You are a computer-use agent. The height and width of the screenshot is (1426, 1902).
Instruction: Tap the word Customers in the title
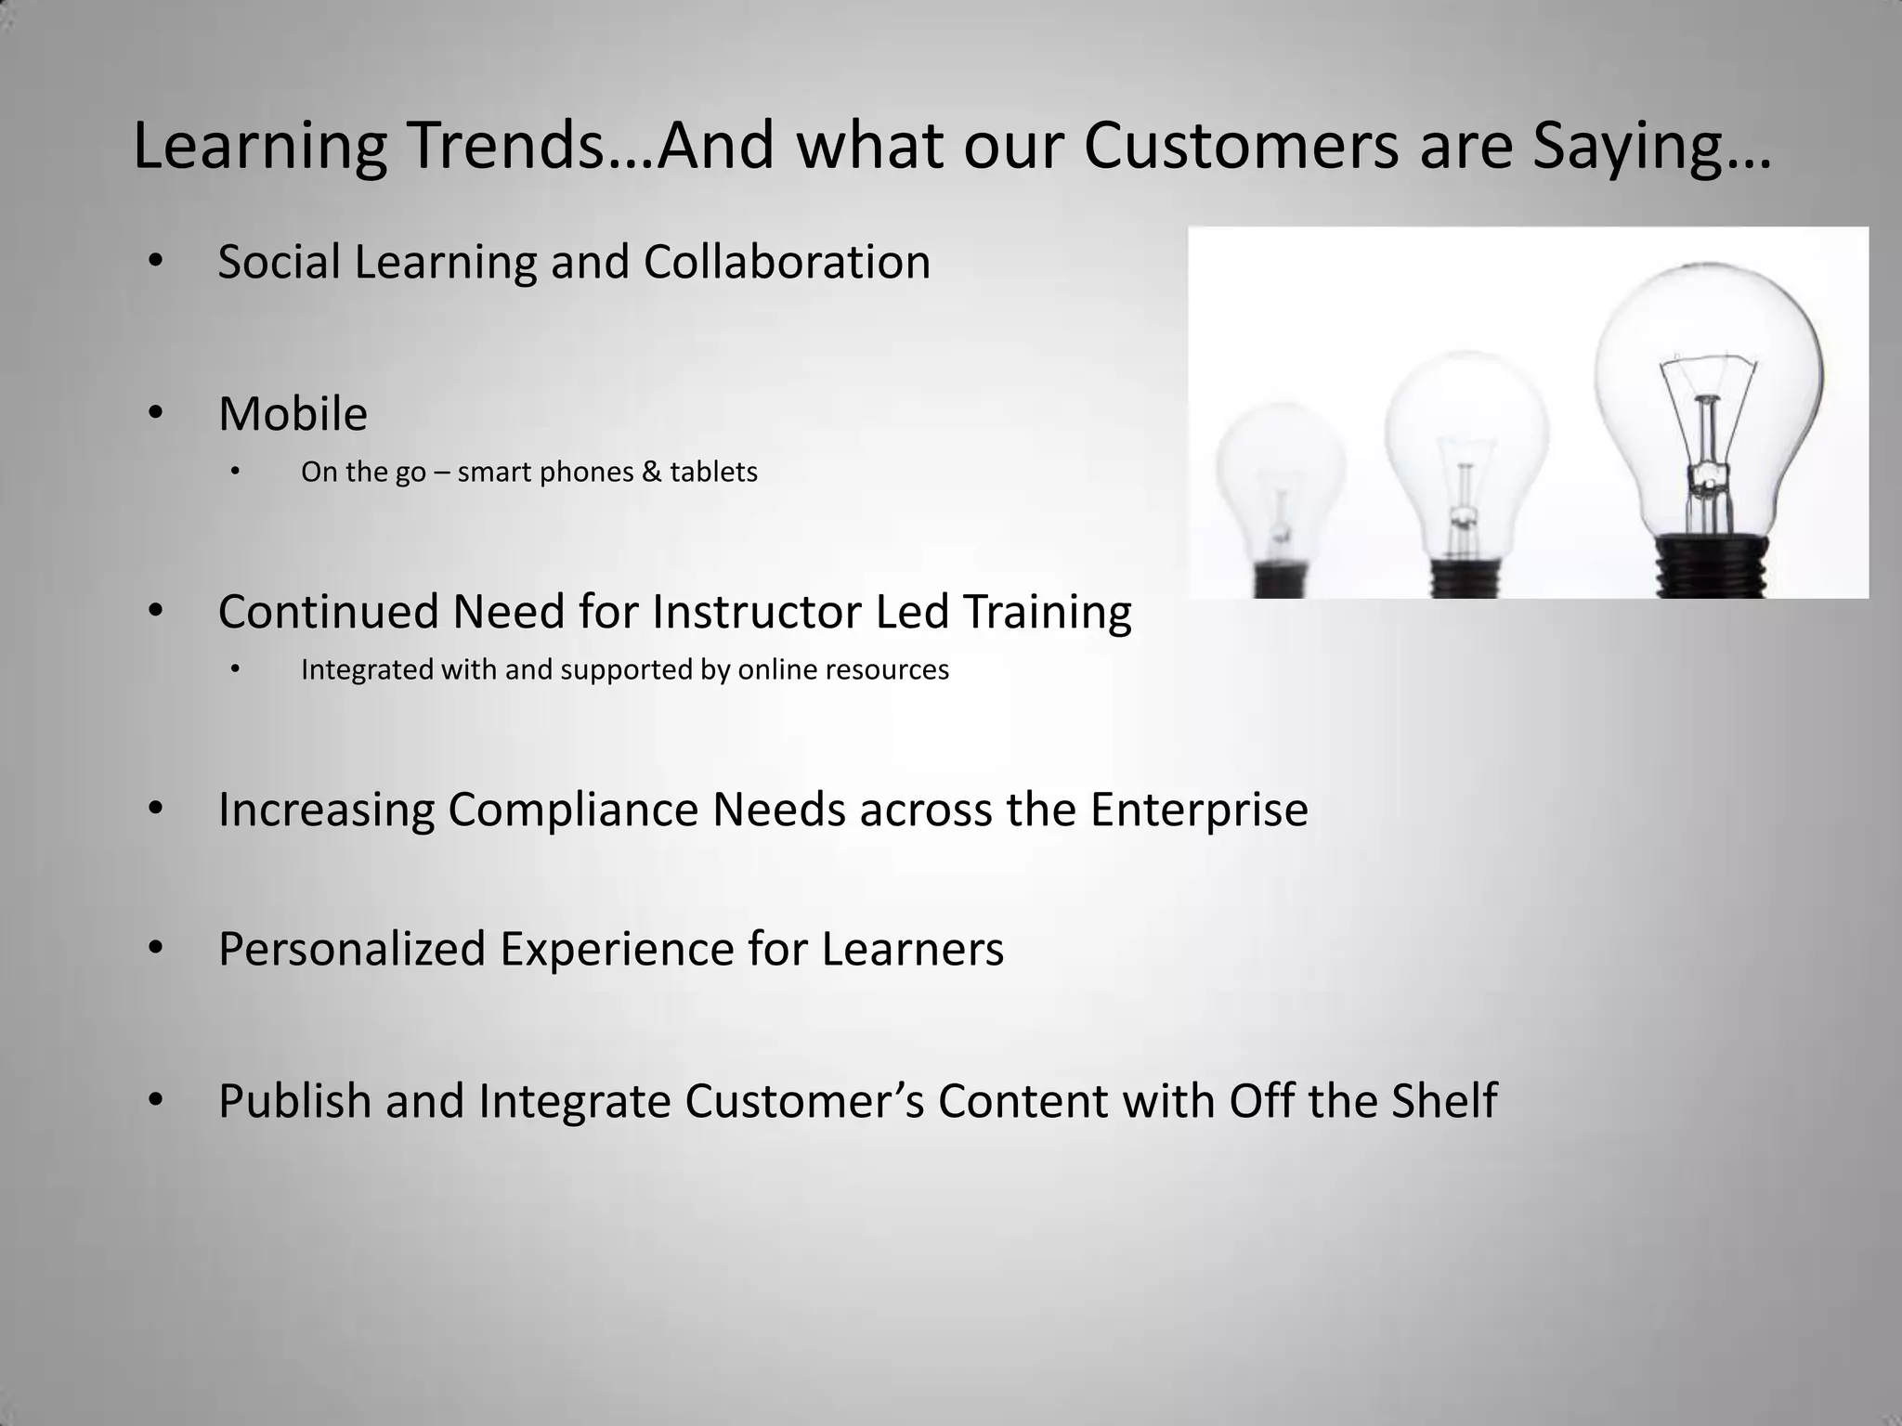pyautogui.click(x=1241, y=146)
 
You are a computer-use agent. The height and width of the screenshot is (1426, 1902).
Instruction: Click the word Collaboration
pyautogui.click(x=787, y=262)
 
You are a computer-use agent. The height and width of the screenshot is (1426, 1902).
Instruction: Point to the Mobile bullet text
pyautogui.click(x=293, y=414)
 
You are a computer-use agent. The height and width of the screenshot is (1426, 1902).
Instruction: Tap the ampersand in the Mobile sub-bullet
pyautogui.click(x=651, y=472)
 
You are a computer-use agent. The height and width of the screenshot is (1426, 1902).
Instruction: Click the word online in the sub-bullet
pyautogui.click(x=775, y=669)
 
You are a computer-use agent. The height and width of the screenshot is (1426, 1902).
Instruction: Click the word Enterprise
pyautogui.click(x=1199, y=809)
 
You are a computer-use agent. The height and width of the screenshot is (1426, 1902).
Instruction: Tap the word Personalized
pyautogui.click(x=352, y=949)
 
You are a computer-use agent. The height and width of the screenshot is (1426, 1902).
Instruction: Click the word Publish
pyautogui.click(x=294, y=1101)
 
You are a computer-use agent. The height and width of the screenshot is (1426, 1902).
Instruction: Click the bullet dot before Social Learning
pyautogui.click(x=155, y=261)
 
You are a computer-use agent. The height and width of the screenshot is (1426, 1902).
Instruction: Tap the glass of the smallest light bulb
pyautogui.click(x=1280, y=464)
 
